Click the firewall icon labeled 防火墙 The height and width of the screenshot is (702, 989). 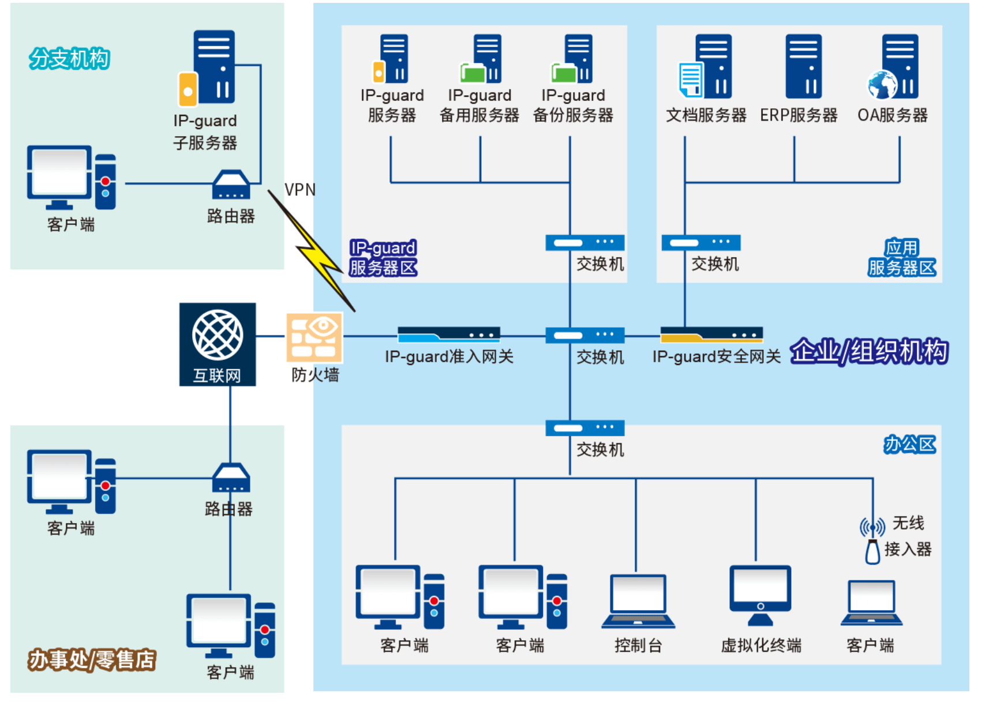[x=314, y=337]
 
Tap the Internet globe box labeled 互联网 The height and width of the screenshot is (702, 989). [x=218, y=344]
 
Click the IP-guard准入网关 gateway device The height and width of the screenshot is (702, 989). [x=448, y=335]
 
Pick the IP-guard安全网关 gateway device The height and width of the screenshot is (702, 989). [x=711, y=335]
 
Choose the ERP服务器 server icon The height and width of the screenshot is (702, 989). [x=803, y=66]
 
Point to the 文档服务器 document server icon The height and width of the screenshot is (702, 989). [x=706, y=66]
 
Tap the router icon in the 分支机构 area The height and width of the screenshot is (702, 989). [x=231, y=185]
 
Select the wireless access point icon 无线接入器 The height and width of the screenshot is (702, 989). [x=872, y=542]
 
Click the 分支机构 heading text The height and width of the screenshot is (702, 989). [x=69, y=59]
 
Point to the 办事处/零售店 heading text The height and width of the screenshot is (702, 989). [x=92, y=660]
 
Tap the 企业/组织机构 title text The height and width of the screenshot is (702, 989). [x=868, y=351]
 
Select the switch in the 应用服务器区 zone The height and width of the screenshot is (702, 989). [x=700, y=243]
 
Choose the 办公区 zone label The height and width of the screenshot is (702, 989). [x=909, y=444]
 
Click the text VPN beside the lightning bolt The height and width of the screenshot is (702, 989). [x=300, y=190]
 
